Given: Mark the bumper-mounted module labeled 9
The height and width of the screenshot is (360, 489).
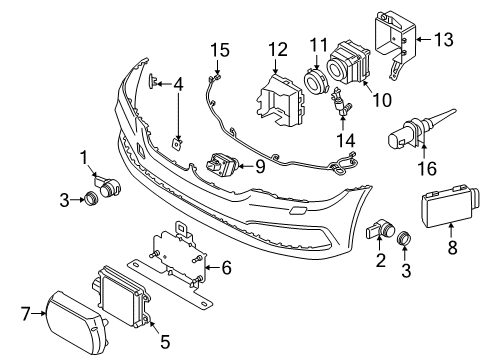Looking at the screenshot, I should (222, 162).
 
